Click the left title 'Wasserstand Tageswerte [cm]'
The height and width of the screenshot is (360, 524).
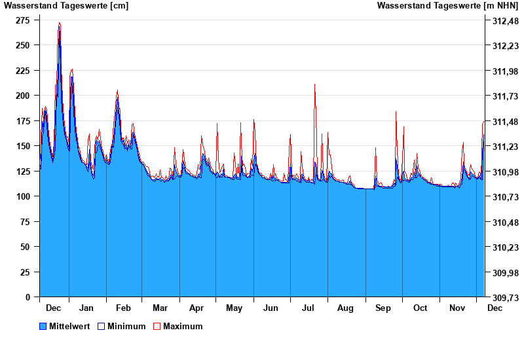pos(66,6)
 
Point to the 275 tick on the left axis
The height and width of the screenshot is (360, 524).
pos(23,20)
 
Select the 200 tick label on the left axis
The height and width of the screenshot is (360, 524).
pos(23,96)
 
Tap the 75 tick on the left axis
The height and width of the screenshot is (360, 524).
pos(25,222)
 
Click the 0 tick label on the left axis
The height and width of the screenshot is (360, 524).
pos(28,297)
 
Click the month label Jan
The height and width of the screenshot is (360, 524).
pos(86,308)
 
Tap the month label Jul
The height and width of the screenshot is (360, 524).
pos(308,308)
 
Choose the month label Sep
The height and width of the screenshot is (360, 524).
pos(383,308)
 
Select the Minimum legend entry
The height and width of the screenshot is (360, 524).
pos(121,326)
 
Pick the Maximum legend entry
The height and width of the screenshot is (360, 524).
pos(178,326)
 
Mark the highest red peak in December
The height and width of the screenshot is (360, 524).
pos(60,23)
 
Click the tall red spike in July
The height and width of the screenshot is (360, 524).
pos(315,84)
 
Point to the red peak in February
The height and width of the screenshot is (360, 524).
pos(117,91)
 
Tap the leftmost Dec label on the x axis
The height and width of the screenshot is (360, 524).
pos(54,308)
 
